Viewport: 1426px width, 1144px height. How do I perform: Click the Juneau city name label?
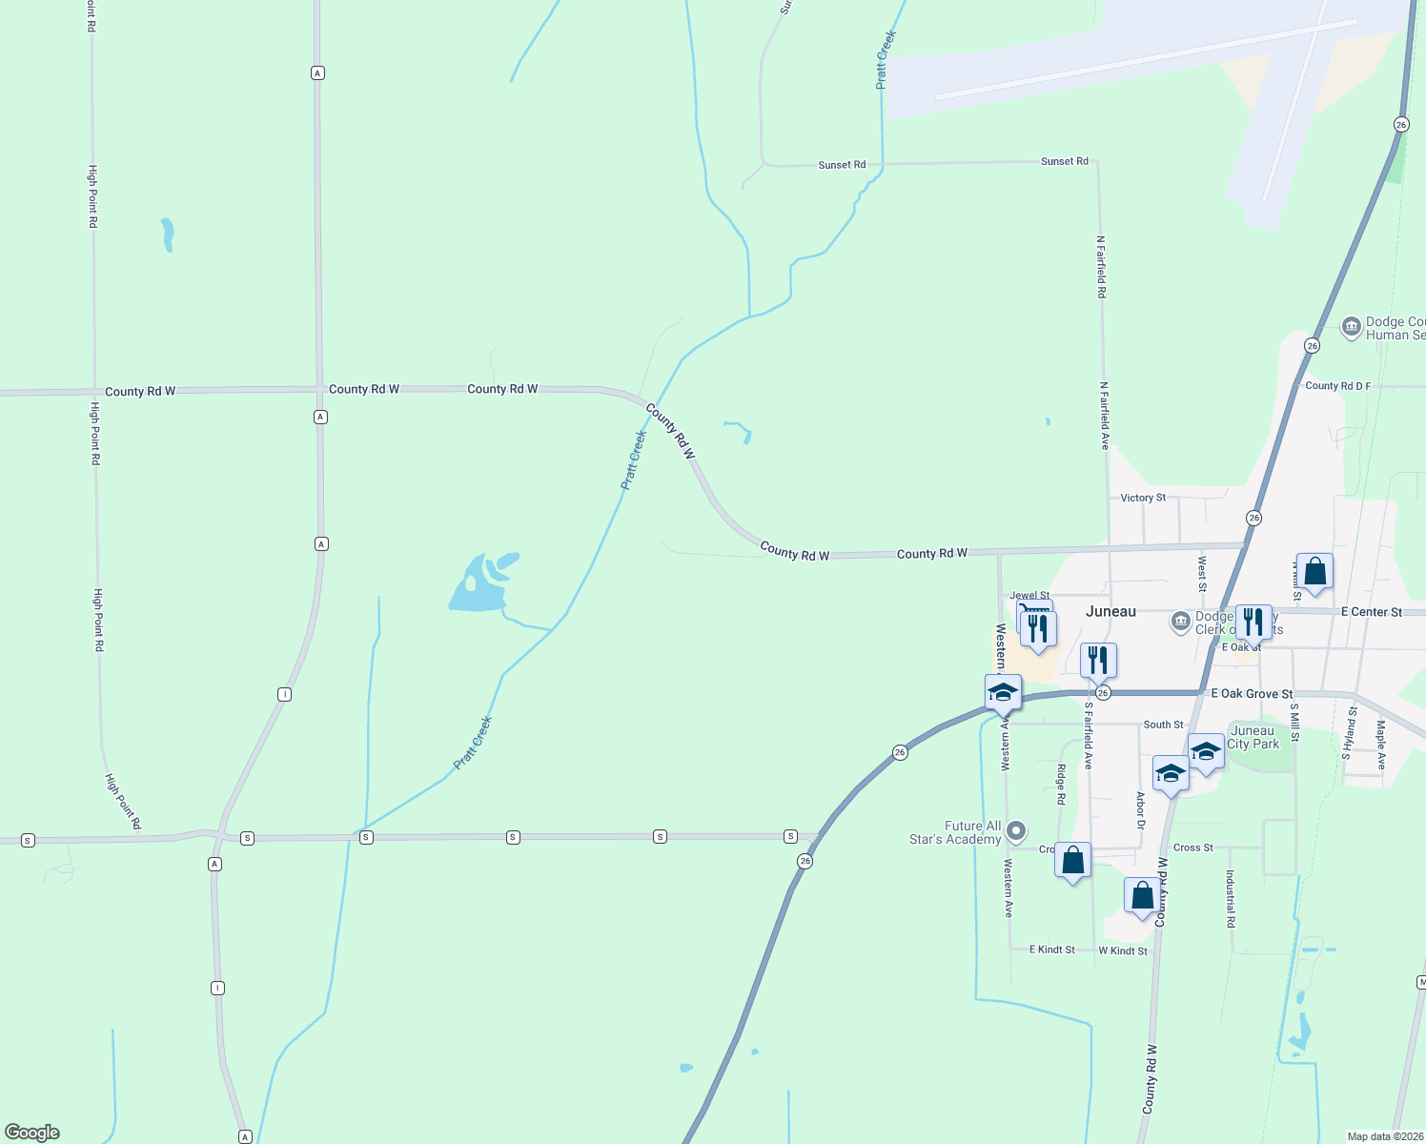[x=1110, y=611]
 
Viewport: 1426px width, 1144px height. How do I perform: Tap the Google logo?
[x=32, y=1133]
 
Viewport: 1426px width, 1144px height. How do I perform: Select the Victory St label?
[x=1143, y=498]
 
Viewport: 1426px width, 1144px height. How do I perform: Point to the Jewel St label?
[x=1029, y=595]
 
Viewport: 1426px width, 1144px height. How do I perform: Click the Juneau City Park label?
[x=1253, y=737]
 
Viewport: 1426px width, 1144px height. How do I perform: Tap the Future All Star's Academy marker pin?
[x=1017, y=831]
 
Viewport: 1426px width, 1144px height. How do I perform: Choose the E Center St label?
[x=1372, y=612]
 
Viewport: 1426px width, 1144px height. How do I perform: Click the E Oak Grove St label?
[x=1252, y=694]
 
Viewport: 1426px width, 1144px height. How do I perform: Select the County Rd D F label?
[x=1337, y=386]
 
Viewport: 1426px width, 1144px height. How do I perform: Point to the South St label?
[x=1163, y=725]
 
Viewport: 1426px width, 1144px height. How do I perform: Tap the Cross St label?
[x=1193, y=848]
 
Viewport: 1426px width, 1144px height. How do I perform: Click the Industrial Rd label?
[x=1231, y=899]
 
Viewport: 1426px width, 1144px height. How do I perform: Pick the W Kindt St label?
[x=1123, y=950]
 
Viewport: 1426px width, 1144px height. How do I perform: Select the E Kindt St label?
[x=1052, y=950]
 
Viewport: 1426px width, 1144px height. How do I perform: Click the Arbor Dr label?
[x=1140, y=810]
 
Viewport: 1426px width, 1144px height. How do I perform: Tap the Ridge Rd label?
[x=1061, y=785]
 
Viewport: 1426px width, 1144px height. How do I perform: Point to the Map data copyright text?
[x=1385, y=1136]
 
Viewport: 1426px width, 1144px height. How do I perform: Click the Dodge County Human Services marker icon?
[x=1351, y=328]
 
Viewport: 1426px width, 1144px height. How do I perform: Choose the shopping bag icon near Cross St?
[x=1072, y=860]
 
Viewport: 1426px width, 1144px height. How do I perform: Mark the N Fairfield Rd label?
[x=1101, y=267]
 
